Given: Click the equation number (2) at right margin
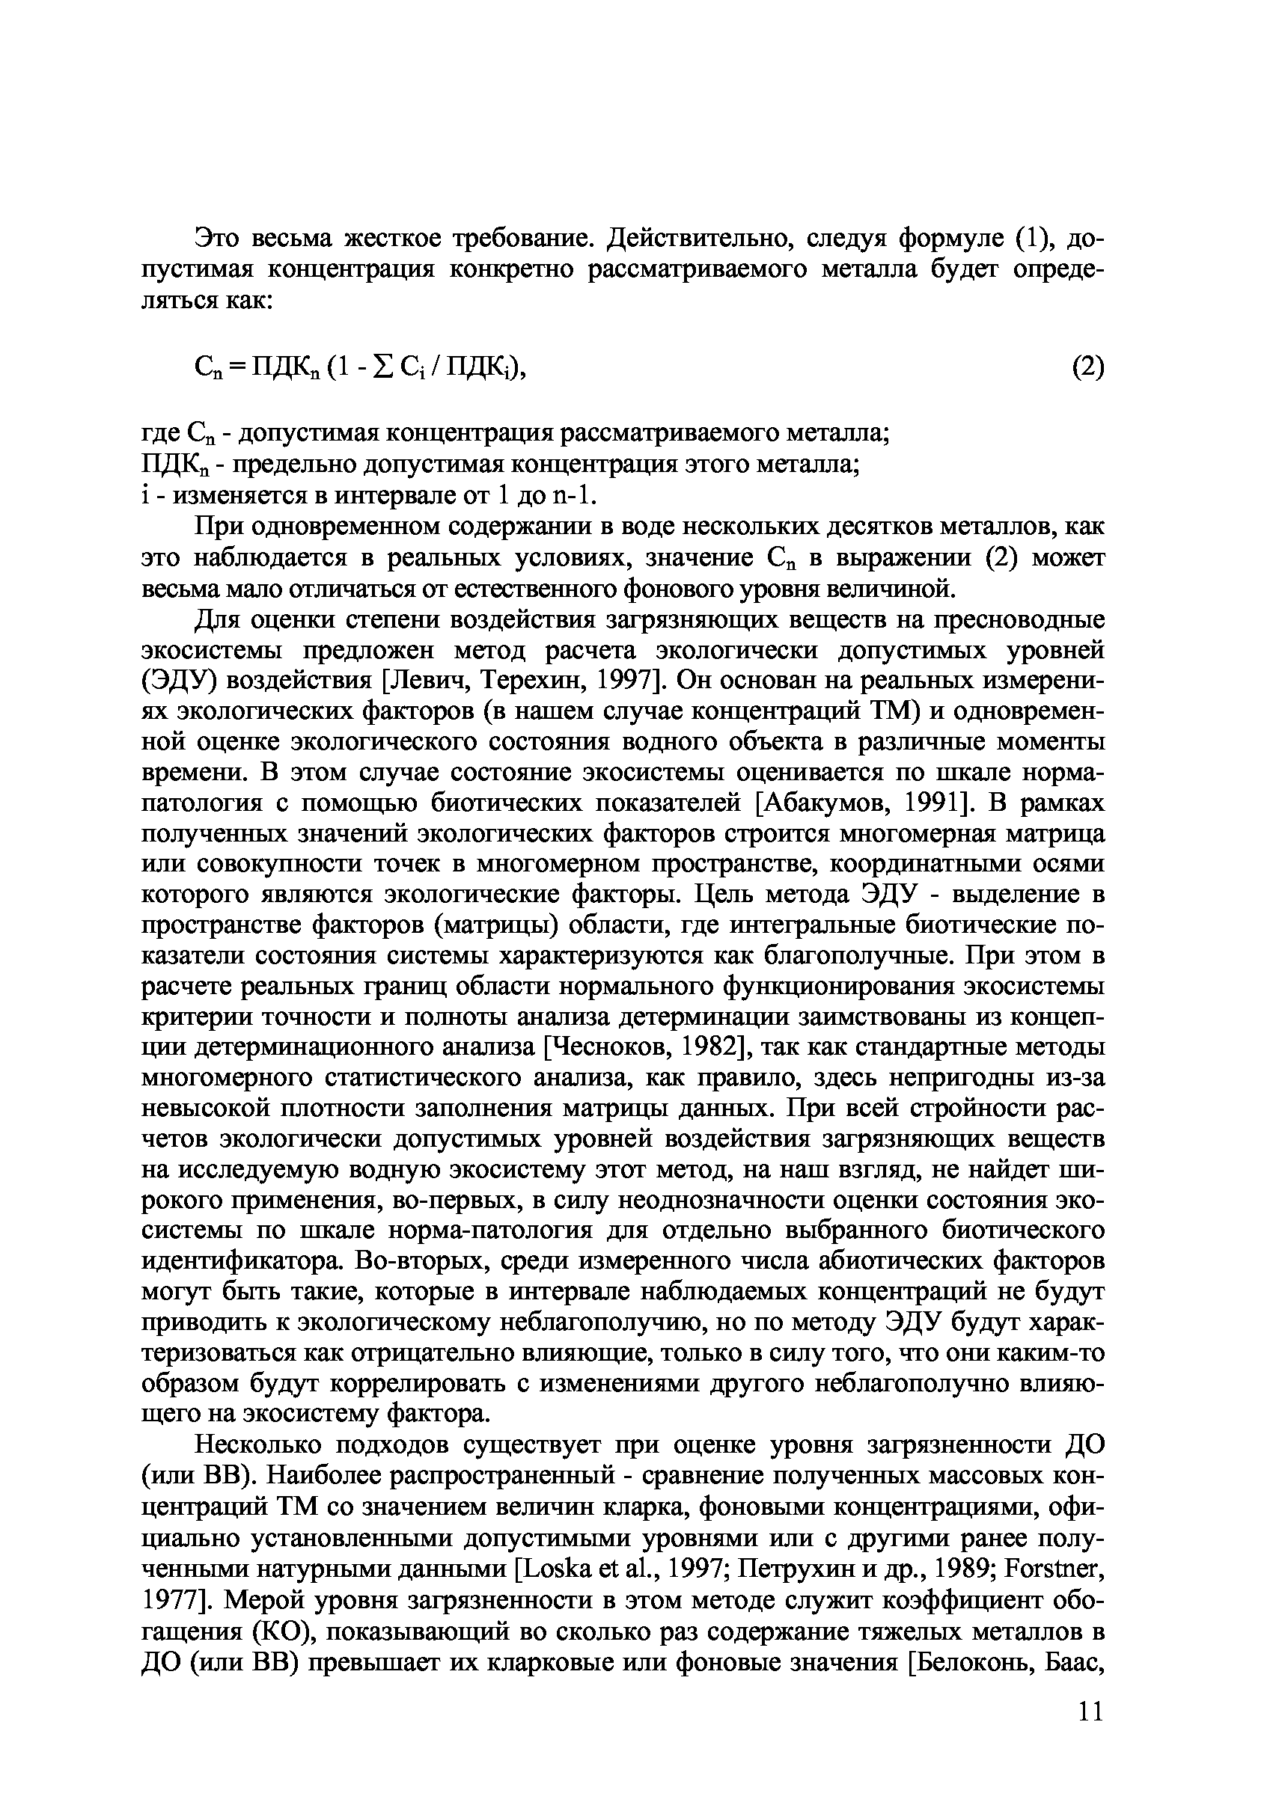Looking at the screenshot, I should coord(1087,367).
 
